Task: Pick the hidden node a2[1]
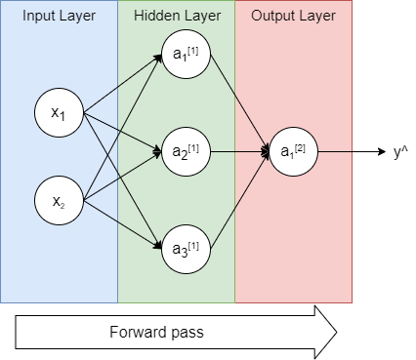tap(186, 152)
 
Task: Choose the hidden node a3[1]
tap(186, 245)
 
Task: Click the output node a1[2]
tap(293, 152)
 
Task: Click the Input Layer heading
tap(59, 17)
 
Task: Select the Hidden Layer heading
tap(176, 17)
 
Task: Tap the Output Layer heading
tap(293, 17)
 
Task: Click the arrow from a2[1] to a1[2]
tap(239, 152)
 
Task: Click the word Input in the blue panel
tap(40, 17)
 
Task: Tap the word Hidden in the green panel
tap(158, 17)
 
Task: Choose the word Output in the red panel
tap(272, 17)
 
